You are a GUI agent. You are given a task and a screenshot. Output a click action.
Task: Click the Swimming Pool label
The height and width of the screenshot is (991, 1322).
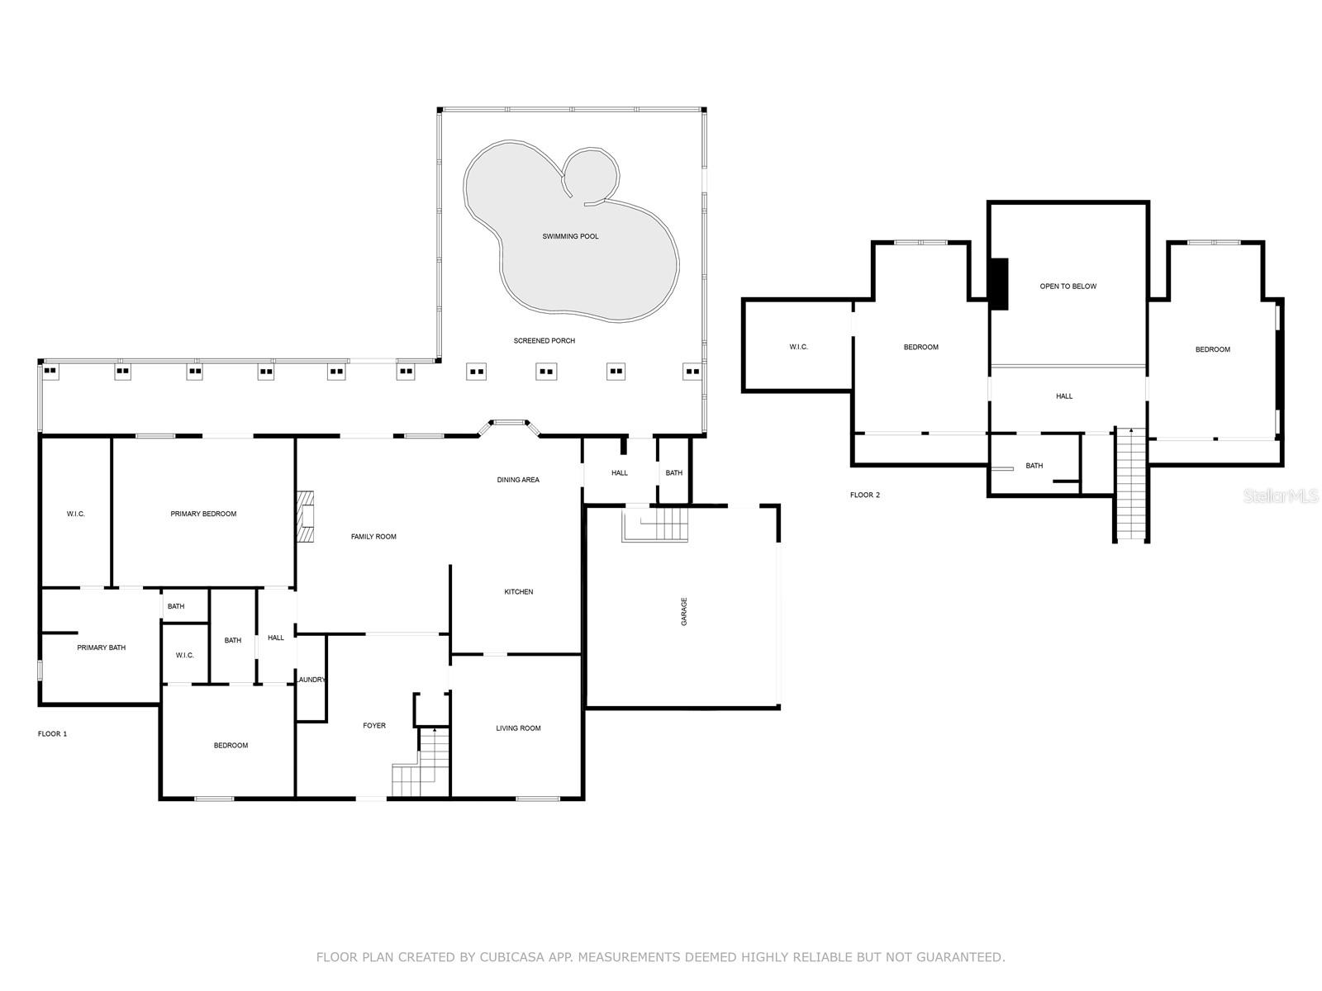coord(570,236)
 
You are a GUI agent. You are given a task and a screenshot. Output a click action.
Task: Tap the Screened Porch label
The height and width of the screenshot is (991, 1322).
coord(544,340)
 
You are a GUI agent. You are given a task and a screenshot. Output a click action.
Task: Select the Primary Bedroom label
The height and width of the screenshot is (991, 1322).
coord(203,514)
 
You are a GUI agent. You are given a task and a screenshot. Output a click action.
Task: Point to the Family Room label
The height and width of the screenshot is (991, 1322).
coord(373,537)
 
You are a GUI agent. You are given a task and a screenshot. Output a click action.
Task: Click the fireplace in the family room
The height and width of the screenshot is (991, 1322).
coord(305,518)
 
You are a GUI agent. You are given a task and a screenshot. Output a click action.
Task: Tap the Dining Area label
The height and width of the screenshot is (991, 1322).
coord(518,480)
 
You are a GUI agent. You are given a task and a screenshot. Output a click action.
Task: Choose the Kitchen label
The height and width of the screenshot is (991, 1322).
coord(519,592)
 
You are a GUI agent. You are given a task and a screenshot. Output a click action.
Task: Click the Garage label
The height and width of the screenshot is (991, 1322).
coord(684,611)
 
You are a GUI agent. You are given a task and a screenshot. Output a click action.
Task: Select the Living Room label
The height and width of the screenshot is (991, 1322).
coord(518,728)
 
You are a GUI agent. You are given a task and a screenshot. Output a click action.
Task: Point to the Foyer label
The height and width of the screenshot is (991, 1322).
coord(374,726)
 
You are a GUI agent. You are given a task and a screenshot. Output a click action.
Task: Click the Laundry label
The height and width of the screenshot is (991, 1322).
coord(311,680)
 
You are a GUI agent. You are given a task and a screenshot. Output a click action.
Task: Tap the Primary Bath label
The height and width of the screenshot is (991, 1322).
coord(101,648)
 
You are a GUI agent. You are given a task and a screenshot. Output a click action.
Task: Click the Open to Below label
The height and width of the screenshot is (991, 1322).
coord(1068,287)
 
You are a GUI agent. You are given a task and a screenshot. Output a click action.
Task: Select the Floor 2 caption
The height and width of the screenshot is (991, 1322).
coord(865,495)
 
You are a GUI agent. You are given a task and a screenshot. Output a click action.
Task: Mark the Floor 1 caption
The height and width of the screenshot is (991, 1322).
coord(52,734)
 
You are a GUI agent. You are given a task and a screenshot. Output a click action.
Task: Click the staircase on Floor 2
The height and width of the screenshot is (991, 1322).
coord(1131,485)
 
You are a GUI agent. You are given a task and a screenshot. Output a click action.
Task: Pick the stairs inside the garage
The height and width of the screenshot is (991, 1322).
coord(655,524)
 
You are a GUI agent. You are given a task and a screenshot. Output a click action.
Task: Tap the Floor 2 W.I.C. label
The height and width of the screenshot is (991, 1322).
coord(799,347)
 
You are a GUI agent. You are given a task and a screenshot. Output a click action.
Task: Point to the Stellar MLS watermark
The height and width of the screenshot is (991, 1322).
coord(1280,496)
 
